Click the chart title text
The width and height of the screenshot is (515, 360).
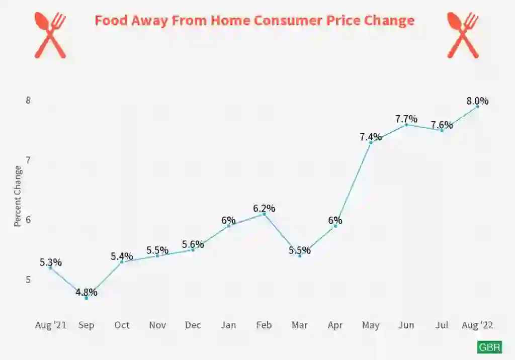click(254, 21)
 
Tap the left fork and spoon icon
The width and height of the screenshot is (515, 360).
click(50, 34)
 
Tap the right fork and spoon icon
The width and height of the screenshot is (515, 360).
click(463, 34)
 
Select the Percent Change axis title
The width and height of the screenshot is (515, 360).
click(18, 196)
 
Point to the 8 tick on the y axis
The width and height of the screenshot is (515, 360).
click(29, 100)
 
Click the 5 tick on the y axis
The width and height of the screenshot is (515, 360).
click(29, 280)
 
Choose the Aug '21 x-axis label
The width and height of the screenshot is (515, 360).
click(50, 325)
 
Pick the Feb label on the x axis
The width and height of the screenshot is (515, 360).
click(264, 325)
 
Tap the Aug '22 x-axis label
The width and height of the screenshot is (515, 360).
click(477, 325)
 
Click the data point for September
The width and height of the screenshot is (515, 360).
click(86, 298)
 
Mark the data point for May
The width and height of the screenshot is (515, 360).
click(371, 143)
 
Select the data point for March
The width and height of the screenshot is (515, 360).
click(300, 256)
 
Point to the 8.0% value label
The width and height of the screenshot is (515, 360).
click(477, 101)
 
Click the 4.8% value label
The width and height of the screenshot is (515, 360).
click(87, 292)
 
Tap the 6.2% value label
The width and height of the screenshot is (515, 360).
click(264, 208)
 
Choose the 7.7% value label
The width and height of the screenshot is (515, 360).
click(406, 119)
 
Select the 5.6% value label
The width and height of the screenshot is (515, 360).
click(193, 244)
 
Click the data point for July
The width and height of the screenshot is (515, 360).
click(442, 130)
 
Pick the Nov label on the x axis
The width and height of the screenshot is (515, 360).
click(157, 325)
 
